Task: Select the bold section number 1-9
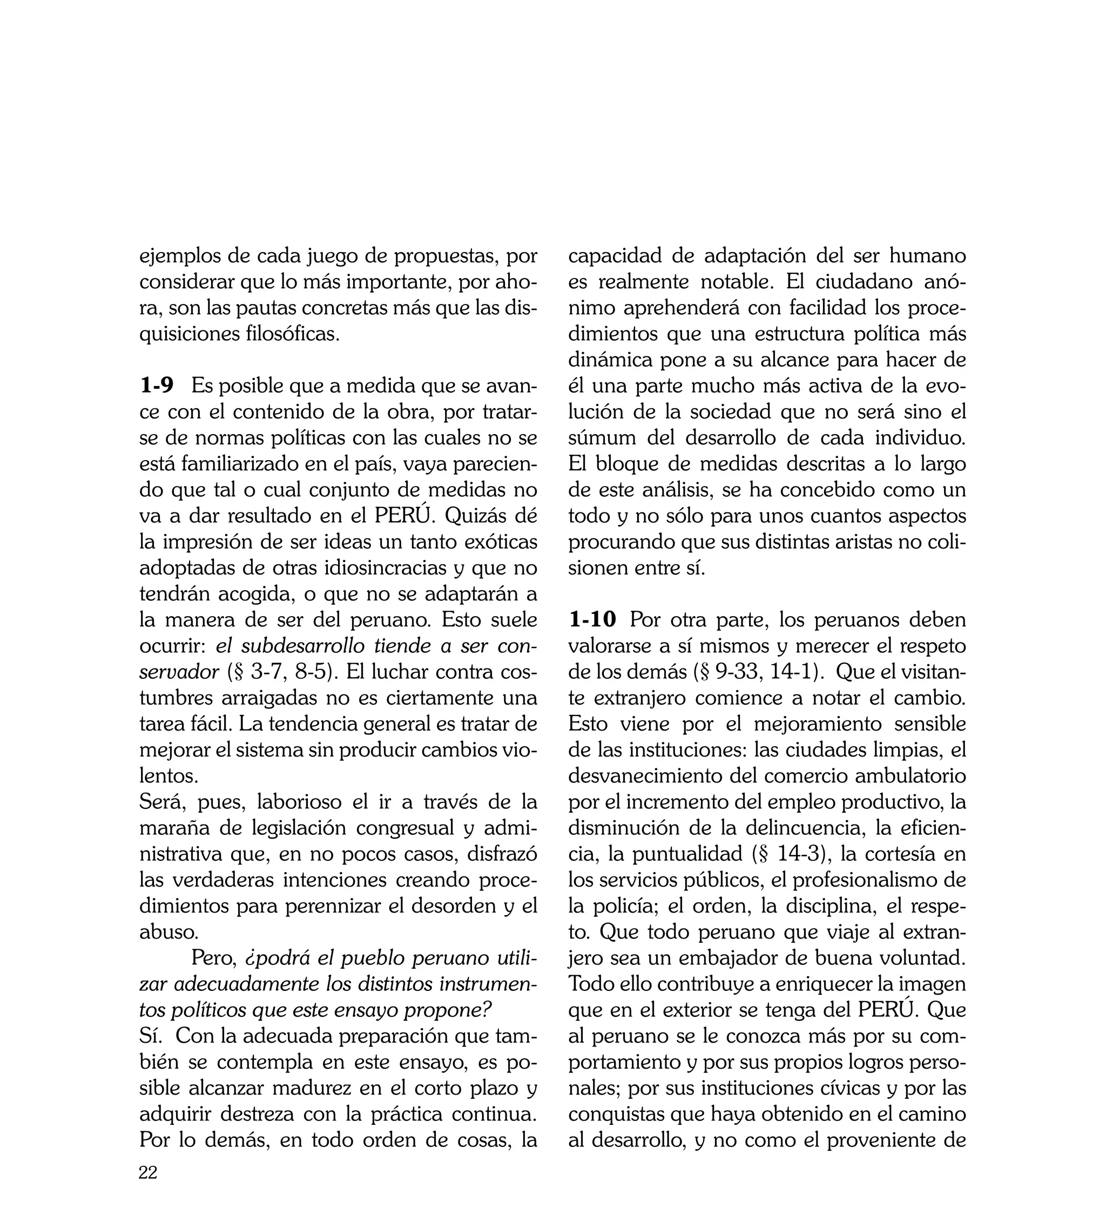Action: coord(156,385)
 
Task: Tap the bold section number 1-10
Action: coord(592,620)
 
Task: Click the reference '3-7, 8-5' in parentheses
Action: coord(290,672)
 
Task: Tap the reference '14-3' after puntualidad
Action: coord(798,854)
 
